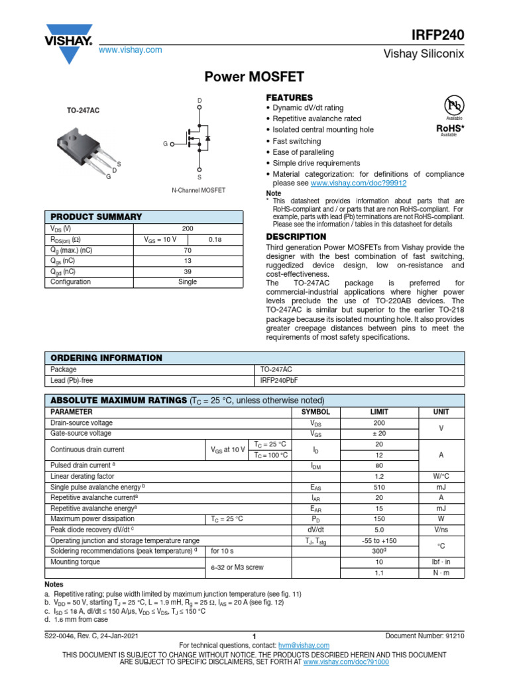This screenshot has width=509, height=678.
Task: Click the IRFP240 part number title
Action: (x=440, y=35)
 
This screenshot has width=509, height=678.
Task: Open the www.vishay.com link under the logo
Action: (x=131, y=50)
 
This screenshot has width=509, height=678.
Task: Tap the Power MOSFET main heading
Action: (x=254, y=77)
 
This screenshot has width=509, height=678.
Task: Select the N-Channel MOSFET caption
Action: (x=198, y=190)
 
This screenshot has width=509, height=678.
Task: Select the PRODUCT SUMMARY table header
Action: (x=97, y=217)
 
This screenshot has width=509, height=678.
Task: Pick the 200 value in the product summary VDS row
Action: (x=188, y=228)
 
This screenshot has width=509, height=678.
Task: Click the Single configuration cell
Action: (x=188, y=281)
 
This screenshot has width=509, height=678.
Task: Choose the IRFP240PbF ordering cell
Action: (x=281, y=381)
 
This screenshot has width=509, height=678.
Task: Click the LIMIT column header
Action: (x=379, y=412)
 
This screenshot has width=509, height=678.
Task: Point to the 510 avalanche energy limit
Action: (x=379, y=487)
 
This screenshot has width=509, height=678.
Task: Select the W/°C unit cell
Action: (x=441, y=476)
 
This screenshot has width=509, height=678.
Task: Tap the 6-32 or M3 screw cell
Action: (x=237, y=567)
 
